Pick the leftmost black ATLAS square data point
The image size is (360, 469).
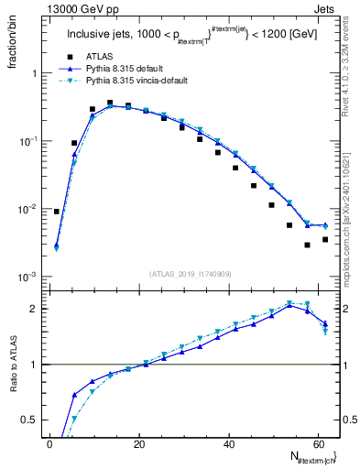pyautogui.click(x=57, y=212)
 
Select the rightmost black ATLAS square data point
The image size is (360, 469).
pyautogui.click(x=325, y=240)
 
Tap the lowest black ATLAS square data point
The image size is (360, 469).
pyautogui.click(x=308, y=245)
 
